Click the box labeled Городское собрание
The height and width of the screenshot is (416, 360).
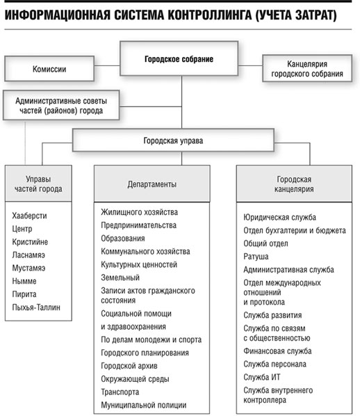click(179, 58)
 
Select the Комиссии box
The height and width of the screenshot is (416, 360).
click(49, 68)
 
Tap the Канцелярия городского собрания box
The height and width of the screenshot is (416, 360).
click(307, 68)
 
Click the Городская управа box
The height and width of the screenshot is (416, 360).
click(173, 140)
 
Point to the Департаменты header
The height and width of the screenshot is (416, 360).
click(152, 184)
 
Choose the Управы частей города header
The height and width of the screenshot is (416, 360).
click(38, 184)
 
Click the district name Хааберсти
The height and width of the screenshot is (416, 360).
click(29, 216)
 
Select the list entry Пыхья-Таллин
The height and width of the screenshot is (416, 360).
click(36, 307)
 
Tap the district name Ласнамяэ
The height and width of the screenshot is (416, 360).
click(28, 255)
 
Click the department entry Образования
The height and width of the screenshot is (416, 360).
click(123, 238)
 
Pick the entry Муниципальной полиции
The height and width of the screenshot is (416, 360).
click(143, 405)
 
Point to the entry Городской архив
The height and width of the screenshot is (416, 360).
click(129, 366)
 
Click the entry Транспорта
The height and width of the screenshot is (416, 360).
click(120, 392)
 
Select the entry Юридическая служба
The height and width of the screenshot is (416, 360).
click(279, 217)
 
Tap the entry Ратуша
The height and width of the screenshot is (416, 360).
click(256, 256)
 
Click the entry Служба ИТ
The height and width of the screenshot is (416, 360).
click(261, 377)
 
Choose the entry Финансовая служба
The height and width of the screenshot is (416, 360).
click(277, 351)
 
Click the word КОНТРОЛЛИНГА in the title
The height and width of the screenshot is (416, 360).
click(210, 15)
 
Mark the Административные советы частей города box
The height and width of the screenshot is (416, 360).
click(61, 105)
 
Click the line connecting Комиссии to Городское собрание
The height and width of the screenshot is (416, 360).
click(107, 65)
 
